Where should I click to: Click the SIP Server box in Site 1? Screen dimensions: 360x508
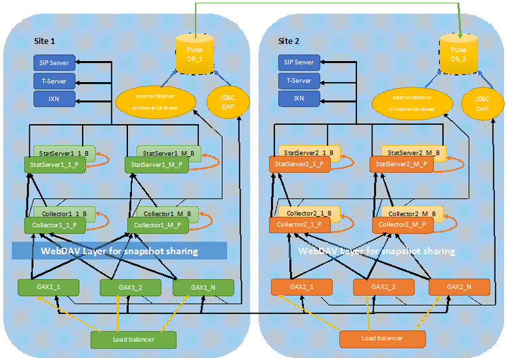coord(54,63)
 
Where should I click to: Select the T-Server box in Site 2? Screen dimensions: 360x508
coord(299,81)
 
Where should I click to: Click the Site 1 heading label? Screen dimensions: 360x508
coord(46,41)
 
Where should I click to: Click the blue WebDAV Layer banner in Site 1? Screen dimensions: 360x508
coord(119,251)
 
